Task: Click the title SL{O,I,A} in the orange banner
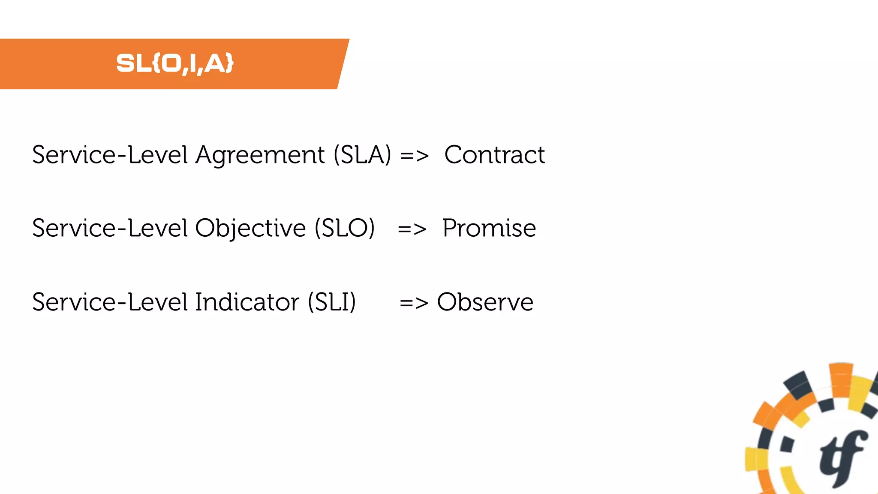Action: (x=175, y=63)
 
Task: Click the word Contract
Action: (x=494, y=155)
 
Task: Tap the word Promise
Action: (x=489, y=228)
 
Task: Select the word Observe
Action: (x=485, y=302)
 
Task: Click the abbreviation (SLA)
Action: (x=362, y=155)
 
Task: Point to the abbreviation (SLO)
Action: (x=345, y=228)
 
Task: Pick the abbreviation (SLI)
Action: (x=332, y=302)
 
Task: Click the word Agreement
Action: (x=260, y=156)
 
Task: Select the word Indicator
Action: (x=247, y=302)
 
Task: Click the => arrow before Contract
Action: (x=414, y=156)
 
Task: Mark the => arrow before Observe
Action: (x=414, y=303)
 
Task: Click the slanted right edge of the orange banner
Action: (x=343, y=64)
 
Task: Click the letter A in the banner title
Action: (x=215, y=63)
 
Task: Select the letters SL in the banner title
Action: (x=133, y=63)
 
